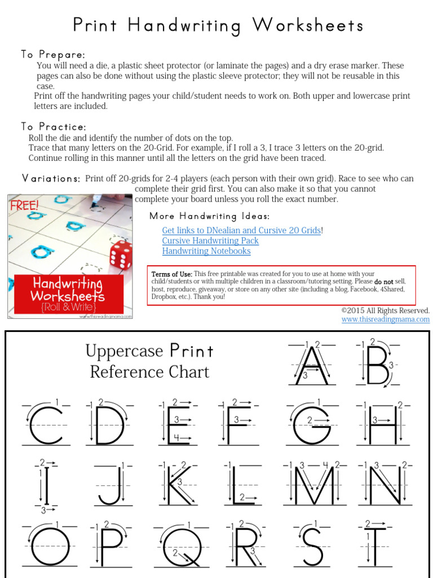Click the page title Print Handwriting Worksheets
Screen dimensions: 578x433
[x=218, y=25]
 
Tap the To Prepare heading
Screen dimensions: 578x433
[x=53, y=55]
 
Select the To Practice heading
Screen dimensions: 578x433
[x=54, y=126]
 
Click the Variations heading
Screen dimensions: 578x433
[x=51, y=178]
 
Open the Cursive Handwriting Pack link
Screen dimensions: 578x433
[x=210, y=240]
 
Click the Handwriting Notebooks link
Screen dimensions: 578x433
[x=206, y=251]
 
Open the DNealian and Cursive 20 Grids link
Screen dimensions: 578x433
[x=242, y=230]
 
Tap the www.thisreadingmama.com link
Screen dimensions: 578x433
[x=385, y=319]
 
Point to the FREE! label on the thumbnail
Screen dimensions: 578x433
[x=24, y=204]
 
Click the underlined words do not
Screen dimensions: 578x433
[x=384, y=281]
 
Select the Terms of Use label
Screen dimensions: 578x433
[x=171, y=274]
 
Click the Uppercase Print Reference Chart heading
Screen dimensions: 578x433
[x=149, y=361]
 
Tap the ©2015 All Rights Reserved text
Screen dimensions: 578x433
[x=385, y=310]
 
